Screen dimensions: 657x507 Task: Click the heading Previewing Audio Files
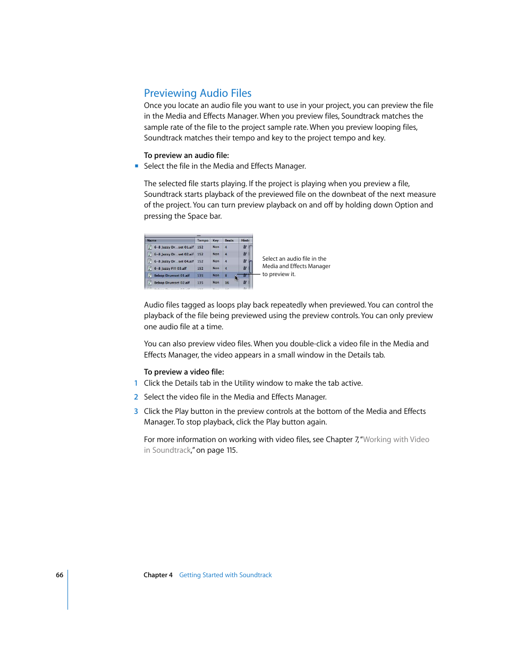coord(198,93)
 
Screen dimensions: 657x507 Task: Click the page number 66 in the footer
coord(60,575)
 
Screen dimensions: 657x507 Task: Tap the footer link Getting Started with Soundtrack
coord(225,575)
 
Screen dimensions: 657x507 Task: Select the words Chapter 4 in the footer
coord(158,575)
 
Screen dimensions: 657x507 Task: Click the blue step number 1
coord(136,383)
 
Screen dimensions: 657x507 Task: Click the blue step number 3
coord(136,411)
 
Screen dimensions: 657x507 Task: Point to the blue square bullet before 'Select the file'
coord(137,166)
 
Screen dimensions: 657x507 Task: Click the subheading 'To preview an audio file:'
coord(186,155)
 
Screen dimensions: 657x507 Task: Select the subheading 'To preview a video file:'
coord(184,372)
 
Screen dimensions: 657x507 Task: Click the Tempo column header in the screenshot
coord(202,240)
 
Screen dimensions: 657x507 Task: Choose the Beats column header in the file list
coord(229,240)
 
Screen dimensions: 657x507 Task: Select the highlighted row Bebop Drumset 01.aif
coord(172,276)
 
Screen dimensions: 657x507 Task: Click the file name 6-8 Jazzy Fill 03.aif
coord(170,269)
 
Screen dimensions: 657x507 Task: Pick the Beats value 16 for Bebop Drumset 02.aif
coord(227,283)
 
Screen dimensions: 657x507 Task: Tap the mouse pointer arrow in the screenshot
coord(236,278)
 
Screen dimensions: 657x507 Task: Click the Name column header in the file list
coord(152,240)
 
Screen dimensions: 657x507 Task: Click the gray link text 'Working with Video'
coord(396,439)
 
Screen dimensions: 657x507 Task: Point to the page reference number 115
coord(231,450)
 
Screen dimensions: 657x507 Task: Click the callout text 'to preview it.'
coord(278,275)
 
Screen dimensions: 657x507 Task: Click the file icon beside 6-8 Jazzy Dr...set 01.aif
coord(150,247)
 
